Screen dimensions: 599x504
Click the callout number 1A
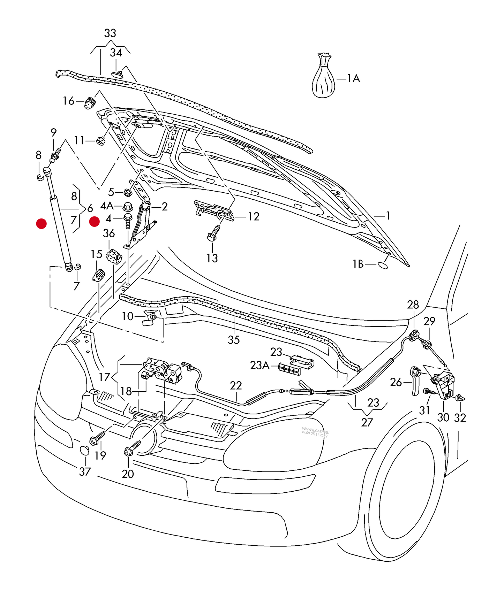coord(353,78)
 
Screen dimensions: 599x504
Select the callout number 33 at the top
coord(110,33)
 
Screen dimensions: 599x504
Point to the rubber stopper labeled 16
coord(90,102)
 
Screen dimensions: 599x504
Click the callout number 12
coord(254,217)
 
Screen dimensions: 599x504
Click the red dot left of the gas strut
coord(42,224)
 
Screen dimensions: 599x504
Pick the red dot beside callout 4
coord(95,221)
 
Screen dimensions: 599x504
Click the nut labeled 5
coord(127,192)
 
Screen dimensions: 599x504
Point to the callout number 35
coord(234,340)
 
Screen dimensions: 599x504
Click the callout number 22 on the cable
coord(236,386)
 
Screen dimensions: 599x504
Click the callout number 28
coord(413,305)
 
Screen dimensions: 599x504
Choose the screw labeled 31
coord(429,392)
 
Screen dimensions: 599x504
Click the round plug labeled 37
coord(85,450)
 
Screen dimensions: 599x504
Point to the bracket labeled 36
coord(114,257)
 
